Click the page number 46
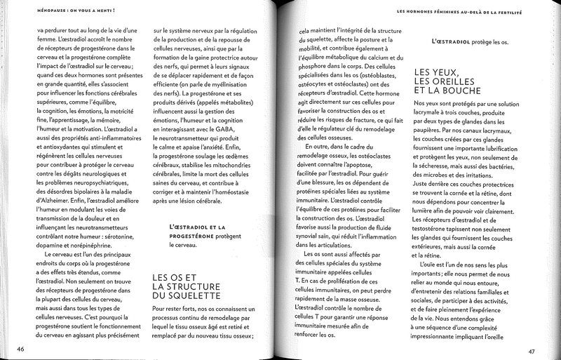tap(21, 348)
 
